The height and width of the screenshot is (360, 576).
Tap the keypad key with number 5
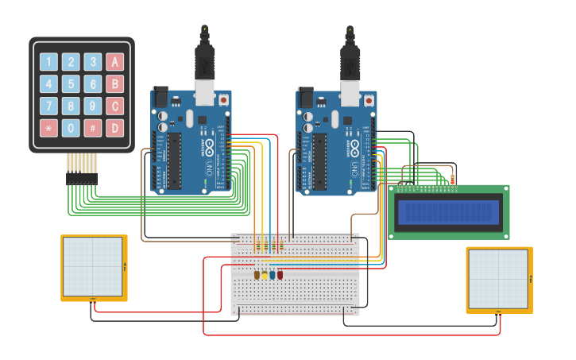click(71, 83)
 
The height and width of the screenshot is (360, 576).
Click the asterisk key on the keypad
click(48, 127)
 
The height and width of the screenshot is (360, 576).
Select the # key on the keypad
click(93, 127)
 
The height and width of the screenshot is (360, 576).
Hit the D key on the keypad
click(115, 127)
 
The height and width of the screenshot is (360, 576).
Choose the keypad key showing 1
click(48, 62)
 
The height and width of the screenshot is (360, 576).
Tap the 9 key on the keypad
click(93, 106)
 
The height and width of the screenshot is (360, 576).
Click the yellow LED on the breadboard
click(265, 275)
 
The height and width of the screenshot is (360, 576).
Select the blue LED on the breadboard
click(273, 275)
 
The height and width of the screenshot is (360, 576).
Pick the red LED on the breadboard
click(280, 275)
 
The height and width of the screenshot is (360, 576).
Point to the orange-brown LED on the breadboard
click(257, 275)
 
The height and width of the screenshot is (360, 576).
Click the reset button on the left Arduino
click(223, 101)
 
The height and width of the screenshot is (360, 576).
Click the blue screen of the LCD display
click(449, 212)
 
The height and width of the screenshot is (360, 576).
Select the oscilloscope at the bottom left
click(94, 267)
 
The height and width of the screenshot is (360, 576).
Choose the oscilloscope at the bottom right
click(498, 279)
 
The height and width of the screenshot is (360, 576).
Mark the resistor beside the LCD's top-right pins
click(453, 180)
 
